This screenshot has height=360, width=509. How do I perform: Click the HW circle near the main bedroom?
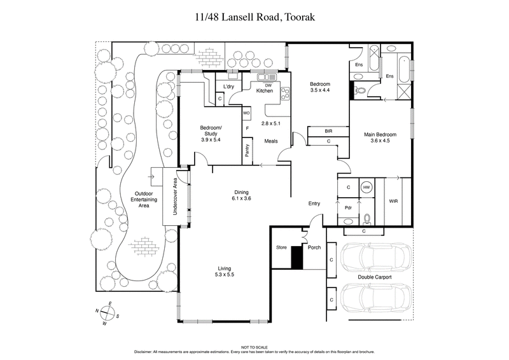(366, 188)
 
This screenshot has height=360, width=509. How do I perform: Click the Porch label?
(314, 247)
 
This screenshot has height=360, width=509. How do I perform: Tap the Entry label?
(314, 204)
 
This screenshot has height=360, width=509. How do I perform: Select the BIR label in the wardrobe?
(328, 131)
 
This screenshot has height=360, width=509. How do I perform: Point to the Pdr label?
(349, 207)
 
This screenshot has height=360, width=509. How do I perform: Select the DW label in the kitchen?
(268, 85)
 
